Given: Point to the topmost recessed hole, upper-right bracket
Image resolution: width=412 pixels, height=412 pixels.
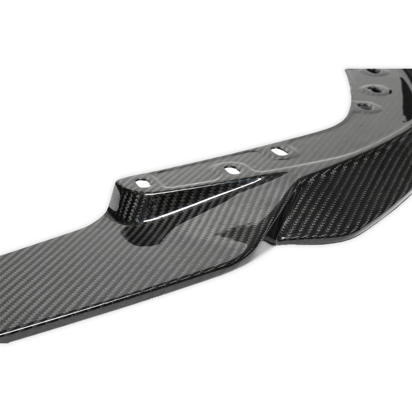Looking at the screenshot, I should [x=373, y=71].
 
